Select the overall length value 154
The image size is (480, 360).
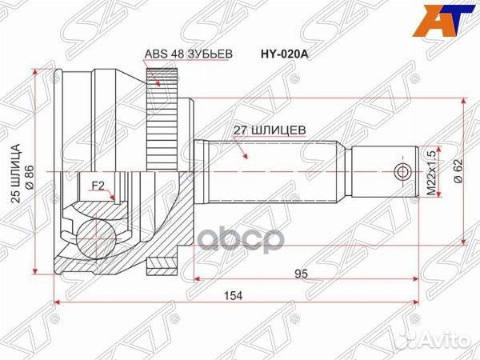234,295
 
